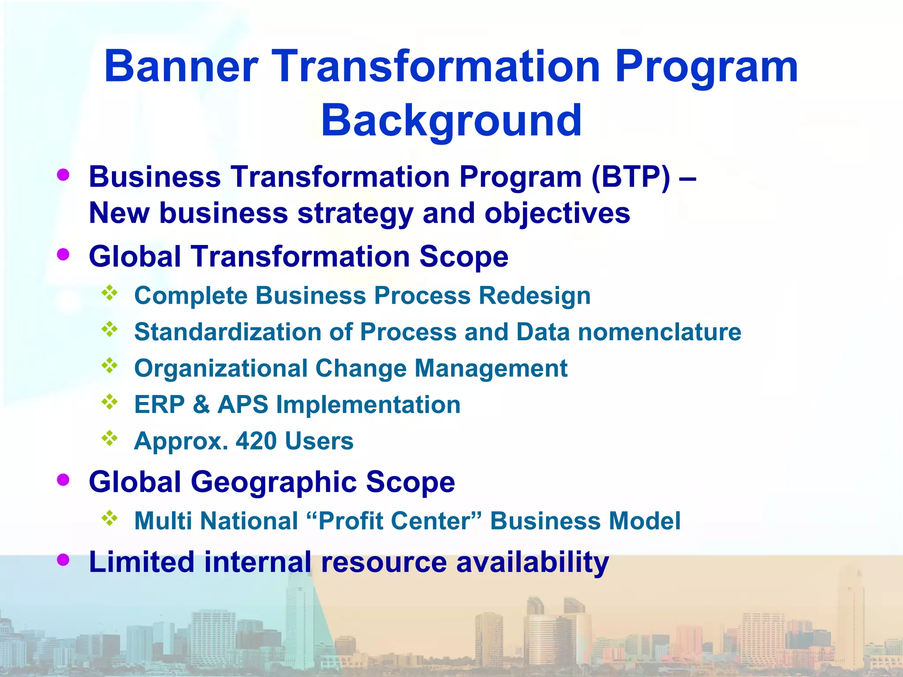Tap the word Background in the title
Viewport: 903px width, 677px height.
(451, 120)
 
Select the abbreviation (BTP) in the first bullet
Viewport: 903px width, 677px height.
(631, 177)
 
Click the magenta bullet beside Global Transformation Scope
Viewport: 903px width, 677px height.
(63, 254)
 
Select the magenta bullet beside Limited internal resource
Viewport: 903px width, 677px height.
(63, 560)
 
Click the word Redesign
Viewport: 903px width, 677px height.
(534, 295)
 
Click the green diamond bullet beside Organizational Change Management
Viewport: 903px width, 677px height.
(110, 365)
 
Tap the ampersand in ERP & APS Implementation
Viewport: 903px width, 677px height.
(201, 405)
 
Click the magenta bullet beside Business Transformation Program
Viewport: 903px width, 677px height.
(63, 175)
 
